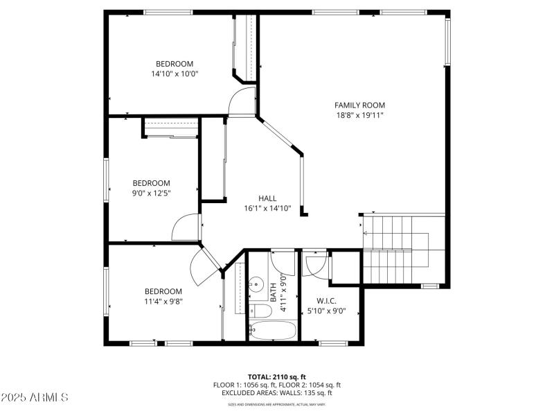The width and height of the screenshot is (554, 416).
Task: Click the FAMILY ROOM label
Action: [359, 105]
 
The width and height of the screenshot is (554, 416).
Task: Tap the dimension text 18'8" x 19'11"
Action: [359, 115]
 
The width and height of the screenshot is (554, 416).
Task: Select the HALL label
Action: [267, 198]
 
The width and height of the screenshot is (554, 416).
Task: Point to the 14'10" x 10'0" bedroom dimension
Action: [175, 73]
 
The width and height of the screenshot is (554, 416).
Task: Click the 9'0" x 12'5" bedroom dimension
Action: [151, 193]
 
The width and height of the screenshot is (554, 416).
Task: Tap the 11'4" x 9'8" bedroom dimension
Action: [163, 301]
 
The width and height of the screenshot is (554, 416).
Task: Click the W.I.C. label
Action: [326, 301]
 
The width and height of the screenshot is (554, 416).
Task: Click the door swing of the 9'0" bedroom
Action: [186, 227]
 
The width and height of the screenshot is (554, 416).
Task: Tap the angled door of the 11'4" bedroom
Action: [205, 266]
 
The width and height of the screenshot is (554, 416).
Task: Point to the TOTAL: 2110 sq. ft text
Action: [276, 376]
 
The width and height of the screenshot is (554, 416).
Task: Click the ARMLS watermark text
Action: [35, 397]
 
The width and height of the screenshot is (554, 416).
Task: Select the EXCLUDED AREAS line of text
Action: [276, 392]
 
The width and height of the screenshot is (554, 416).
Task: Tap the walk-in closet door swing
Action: [315, 266]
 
